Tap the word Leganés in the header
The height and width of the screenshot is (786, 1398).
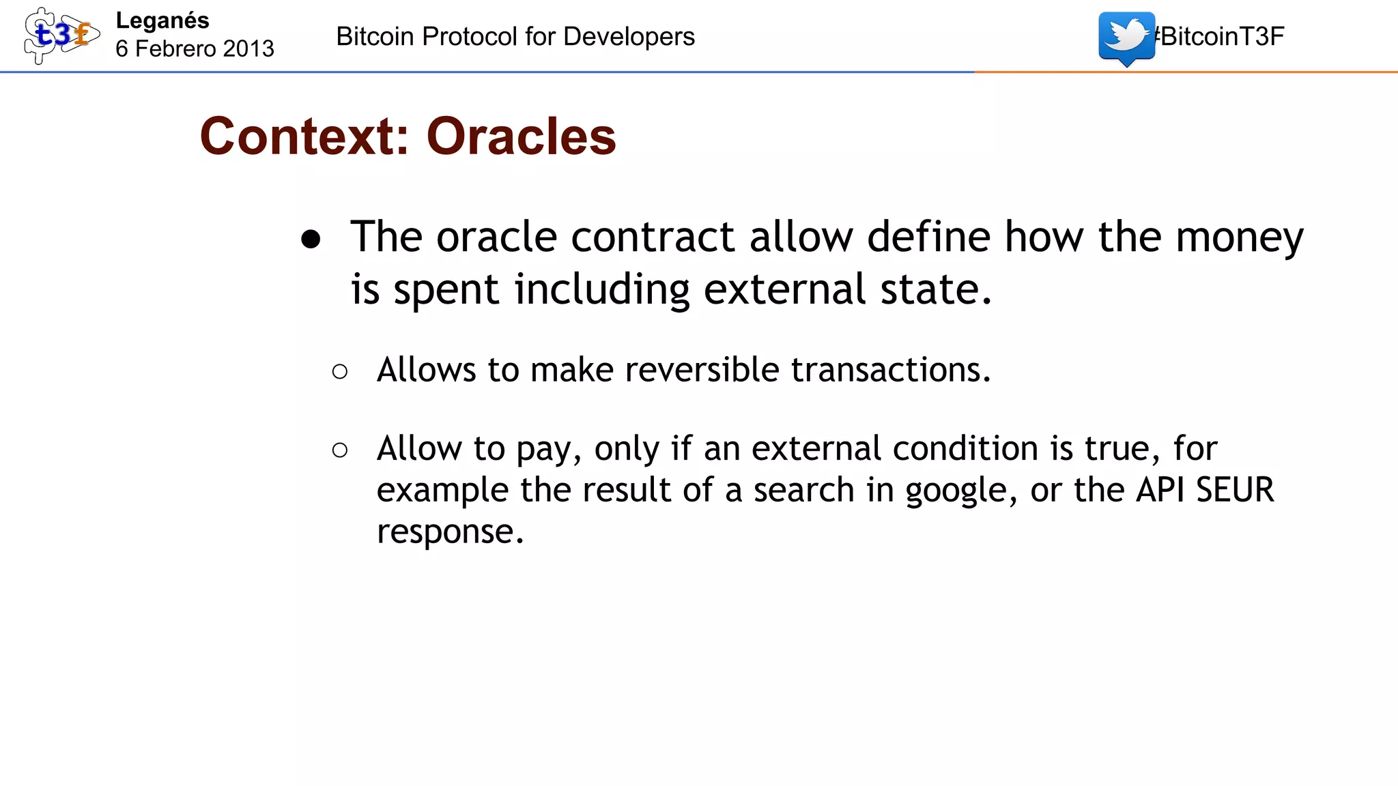pyautogui.click(x=162, y=21)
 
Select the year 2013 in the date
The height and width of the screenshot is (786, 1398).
pyautogui.click(x=248, y=49)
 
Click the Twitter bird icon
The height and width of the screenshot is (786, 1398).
pyautogui.click(x=1126, y=37)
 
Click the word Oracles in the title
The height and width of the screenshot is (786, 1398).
pyautogui.click(x=521, y=136)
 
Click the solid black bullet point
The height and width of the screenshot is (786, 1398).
pyautogui.click(x=311, y=239)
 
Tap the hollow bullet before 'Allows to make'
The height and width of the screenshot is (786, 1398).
pyautogui.click(x=340, y=372)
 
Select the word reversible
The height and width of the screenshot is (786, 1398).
pyautogui.click(x=702, y=370)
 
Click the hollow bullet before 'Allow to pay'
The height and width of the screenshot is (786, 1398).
pyautogui.click(x=340, y=450)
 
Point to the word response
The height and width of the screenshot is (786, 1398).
pyautogui.click(x=449, y=532)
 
